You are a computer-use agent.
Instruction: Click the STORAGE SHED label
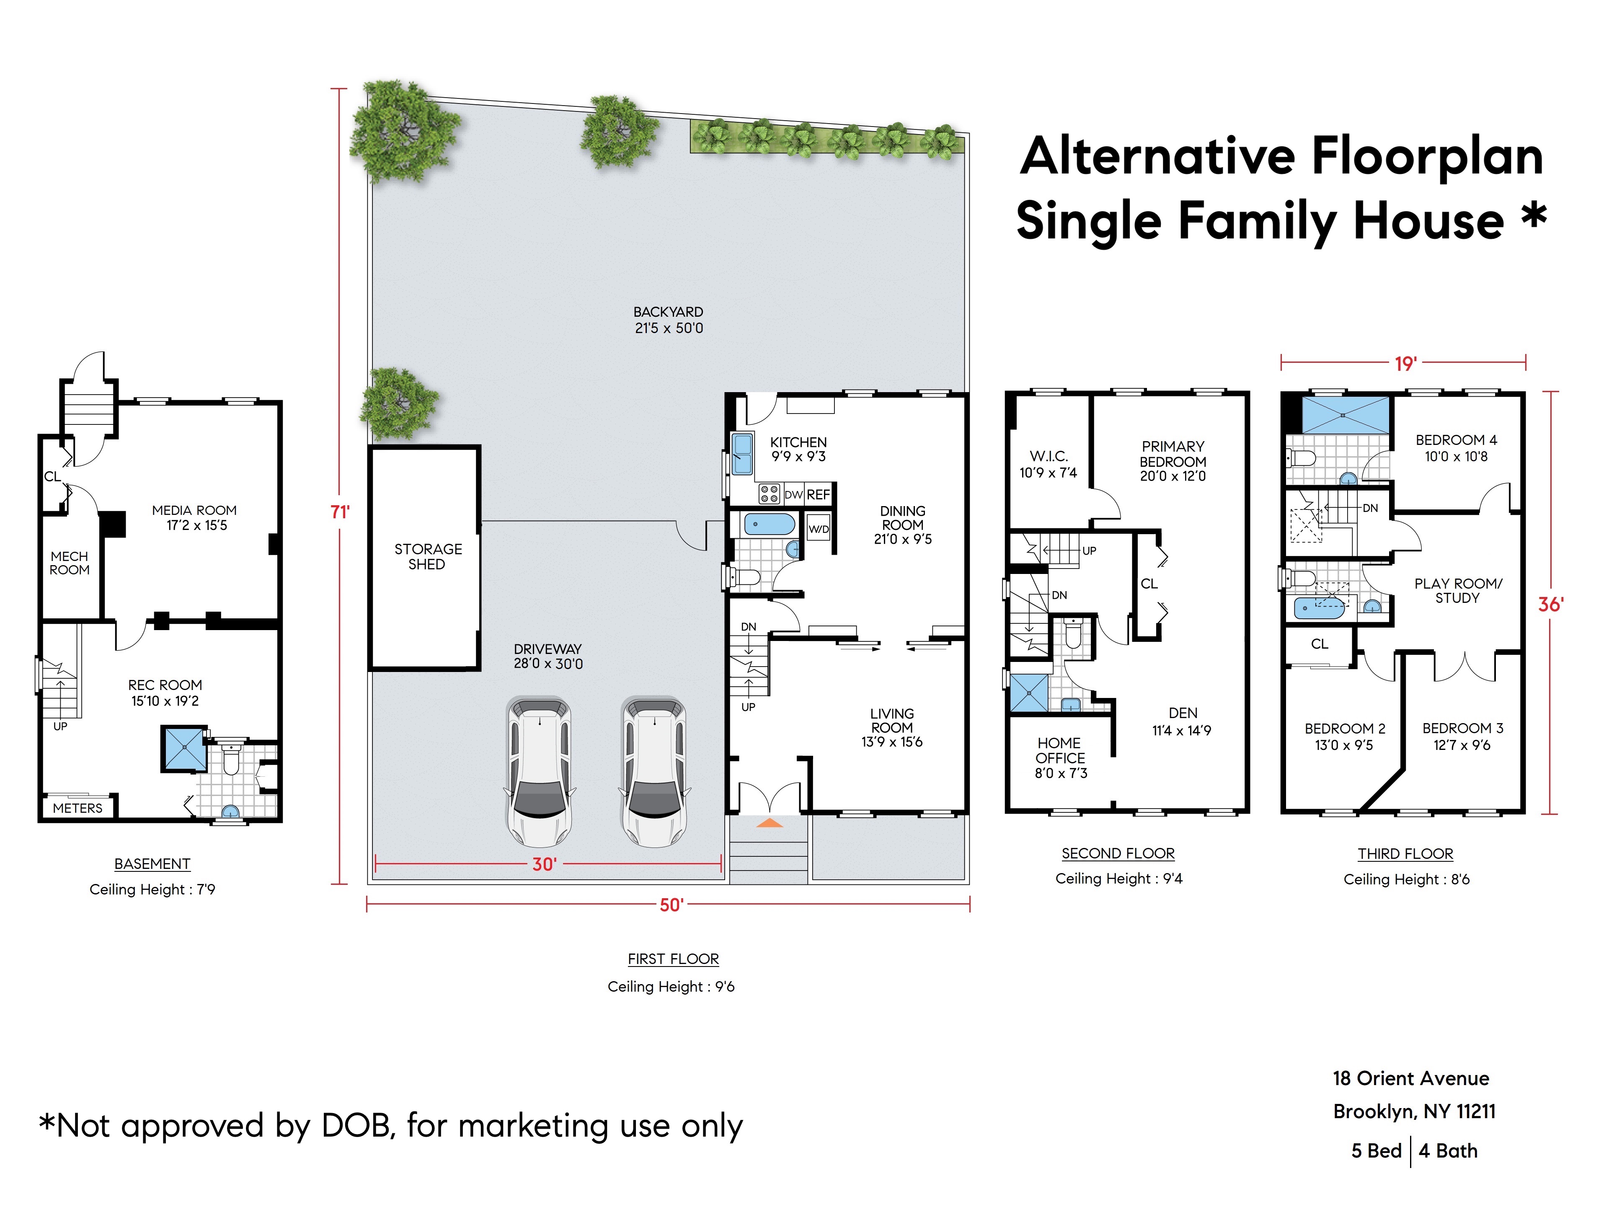pyautogui.click(x=428, y=556)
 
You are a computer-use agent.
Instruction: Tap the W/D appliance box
pyautogui.click(x=819, y=529)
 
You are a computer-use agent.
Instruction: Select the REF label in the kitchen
pyautogui.click(x=819, y=494)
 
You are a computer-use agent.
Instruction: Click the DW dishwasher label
pyautogui.click(x=793, y=494)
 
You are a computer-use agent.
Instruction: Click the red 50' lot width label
pyautogui.click(x=671, y=905)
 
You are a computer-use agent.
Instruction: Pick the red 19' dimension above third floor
pyautogui.click(x=1405, y=363)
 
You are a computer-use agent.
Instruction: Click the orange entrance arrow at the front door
pyautogui.click(x=769, y=823)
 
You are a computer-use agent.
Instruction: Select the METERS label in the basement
pyautogui.click(x=78, y=808)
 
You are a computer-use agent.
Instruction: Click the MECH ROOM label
pyautogui.click(x=70, y=563)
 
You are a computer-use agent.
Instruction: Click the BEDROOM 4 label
pyautogui.click(x=1456, y=440)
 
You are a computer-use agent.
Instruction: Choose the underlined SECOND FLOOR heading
pyautogui.click(x=1118, y=853)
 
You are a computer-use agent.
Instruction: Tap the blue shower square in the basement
pyautogui.click(x=184, y=748)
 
